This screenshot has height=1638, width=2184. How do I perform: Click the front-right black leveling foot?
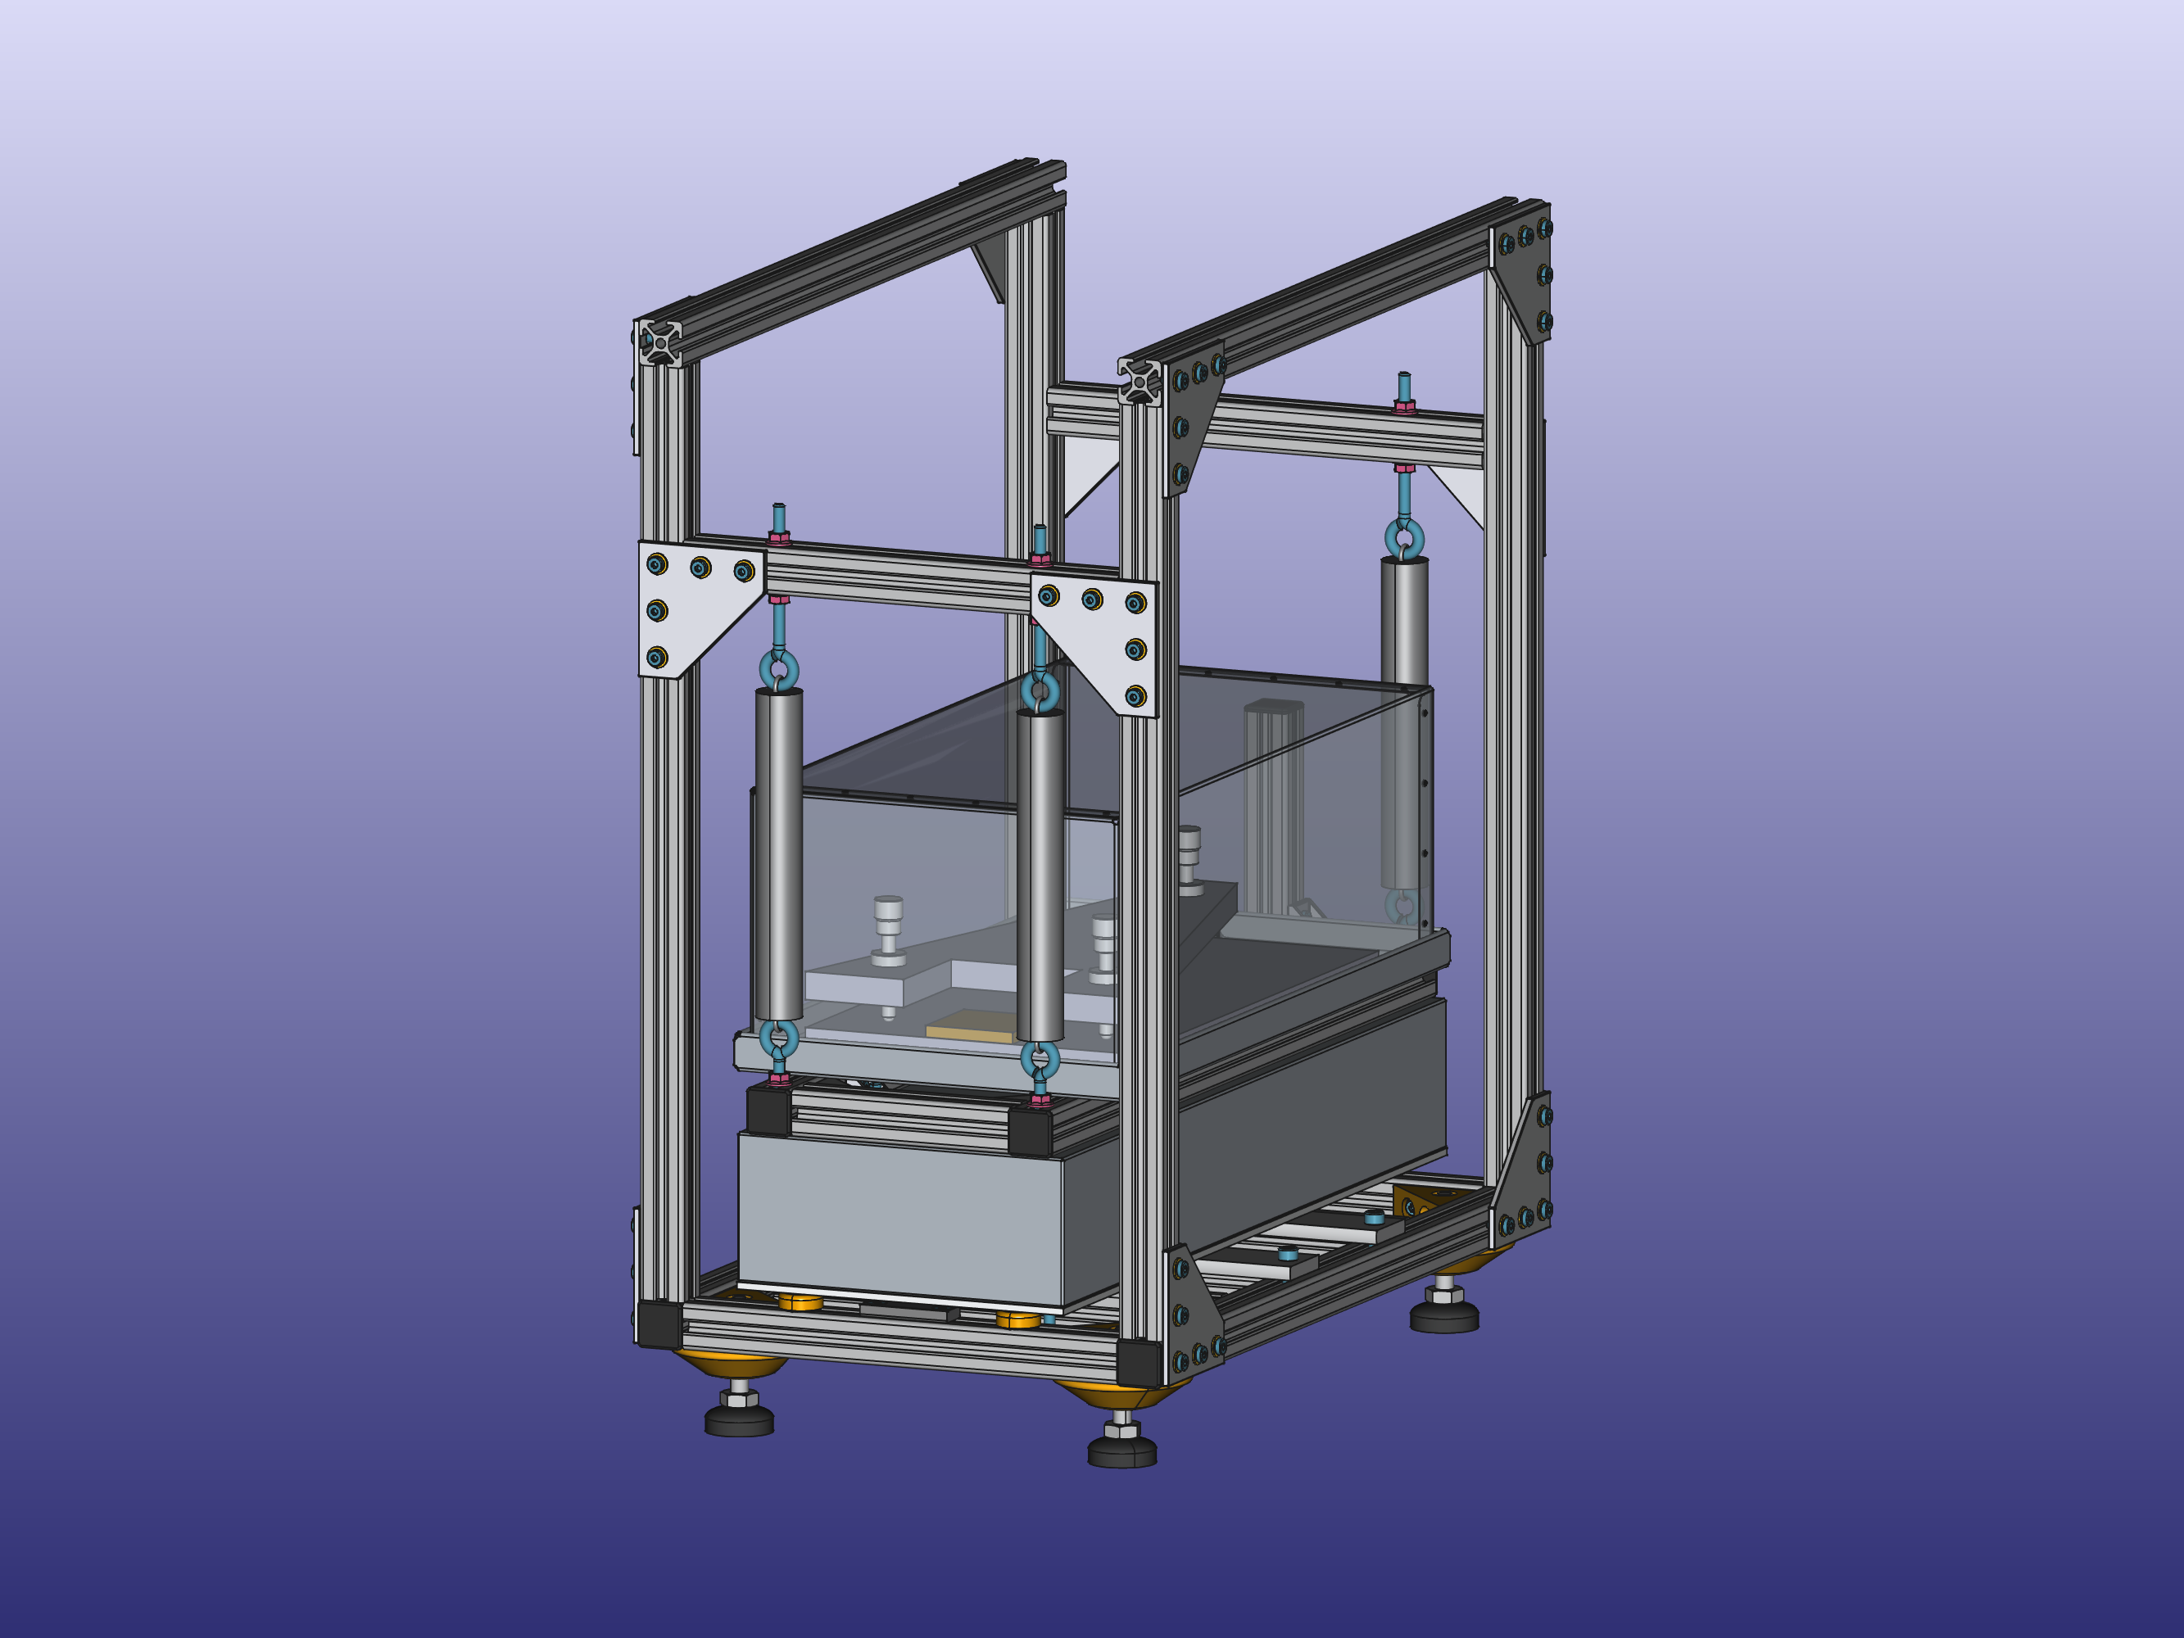pyautogui.click(x=1121, y=1451)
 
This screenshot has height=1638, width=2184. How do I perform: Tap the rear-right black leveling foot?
pyautogui.click(x=1443, y=1316)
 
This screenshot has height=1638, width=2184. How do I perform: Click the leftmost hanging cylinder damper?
pyautogui.click(x=779, y=854)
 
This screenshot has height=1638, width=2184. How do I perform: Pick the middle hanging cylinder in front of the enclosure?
pyautogui.click(x=1040, y=875)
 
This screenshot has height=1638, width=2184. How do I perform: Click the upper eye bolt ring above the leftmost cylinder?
pyautogui.click(x=779, y=668)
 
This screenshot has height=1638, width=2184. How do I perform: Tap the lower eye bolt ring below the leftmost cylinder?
pyautogui.click(x=779, y=1038)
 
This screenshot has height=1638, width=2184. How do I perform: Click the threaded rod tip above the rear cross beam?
pyautogui.click(x=1403, y=384)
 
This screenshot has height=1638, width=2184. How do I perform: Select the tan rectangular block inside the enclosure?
pyautogui.click(x=970, y=1026)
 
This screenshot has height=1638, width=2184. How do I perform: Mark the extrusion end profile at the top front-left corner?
pyautogui.click(x=659, y=342)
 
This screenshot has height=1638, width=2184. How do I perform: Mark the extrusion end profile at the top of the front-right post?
pyautogui.click(x=1139, y=381)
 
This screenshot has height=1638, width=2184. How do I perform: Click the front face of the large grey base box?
pyautogui.click(x=899, y=1219)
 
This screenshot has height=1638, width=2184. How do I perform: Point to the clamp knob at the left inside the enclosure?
pyautogui.click(x=888, y=928)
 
